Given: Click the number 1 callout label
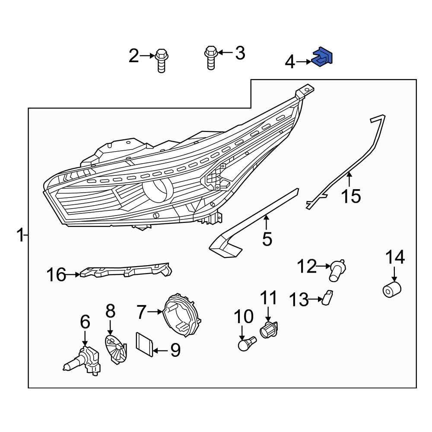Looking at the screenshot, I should click(x=20, y=236).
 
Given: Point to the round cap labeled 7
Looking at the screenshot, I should click(x=181, y=315).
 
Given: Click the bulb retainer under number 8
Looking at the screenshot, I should click(x=115, y=347).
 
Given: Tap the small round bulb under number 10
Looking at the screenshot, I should click(x=246, y=344).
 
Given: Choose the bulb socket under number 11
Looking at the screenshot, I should click(x=268, y=330).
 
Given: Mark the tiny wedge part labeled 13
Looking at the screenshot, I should click(x=328, y=297).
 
